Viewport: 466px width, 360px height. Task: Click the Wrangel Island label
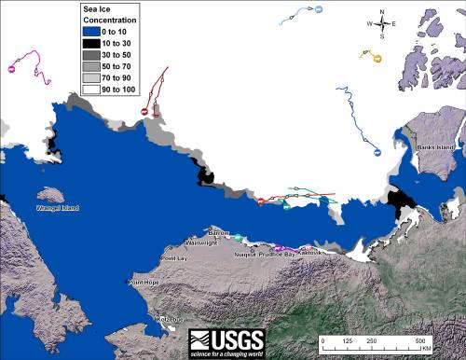click(58, 208)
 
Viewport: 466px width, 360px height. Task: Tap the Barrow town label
click(218, 231)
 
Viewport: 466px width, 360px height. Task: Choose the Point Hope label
click(144, 282)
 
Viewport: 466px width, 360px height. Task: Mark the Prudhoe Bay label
click(277, 254)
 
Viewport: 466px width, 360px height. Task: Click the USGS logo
click(226, 340)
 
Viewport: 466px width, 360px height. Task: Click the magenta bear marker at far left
click(13, 68)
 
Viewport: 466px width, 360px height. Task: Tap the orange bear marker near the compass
click(377, 58)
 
